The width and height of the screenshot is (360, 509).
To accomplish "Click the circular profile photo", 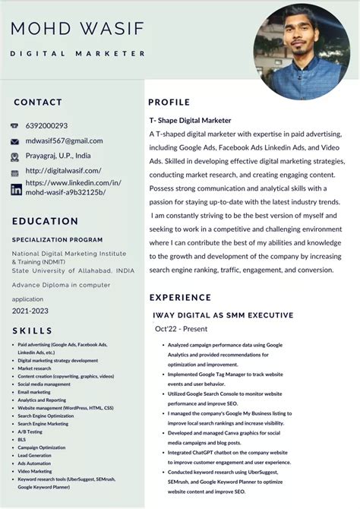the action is pyautogui.click(x=302, y=52).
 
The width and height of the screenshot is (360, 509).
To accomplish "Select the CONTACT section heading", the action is pyautogui.click(x=38, y=102).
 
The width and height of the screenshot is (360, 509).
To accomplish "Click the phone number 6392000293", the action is pyautogui.click(x=46, y=126).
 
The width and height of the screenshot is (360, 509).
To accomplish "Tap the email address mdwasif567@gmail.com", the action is pyautogui.click(x=64, y=141).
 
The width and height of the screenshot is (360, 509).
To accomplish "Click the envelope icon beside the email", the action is pyautogui.click(x=15, y=141).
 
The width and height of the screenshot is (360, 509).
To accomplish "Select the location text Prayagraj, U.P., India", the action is pyautogui.click(x=58, y=156).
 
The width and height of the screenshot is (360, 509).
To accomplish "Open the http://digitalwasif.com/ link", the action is pyautogui.click(x=62, y=171).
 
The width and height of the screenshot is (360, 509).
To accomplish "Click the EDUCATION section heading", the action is pyautogui.click(x=45, y=221).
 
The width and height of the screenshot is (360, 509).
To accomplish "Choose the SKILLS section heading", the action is pyautogui.click(x=33, y=330).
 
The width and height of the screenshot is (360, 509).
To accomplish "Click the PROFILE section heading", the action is pyautogui.click(x=169, y=102).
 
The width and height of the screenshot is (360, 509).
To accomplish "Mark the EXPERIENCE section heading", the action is pyautogui.click(x=180, y=297).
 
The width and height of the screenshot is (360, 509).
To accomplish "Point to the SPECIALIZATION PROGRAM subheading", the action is pyautogui.click(x=58, y=239).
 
